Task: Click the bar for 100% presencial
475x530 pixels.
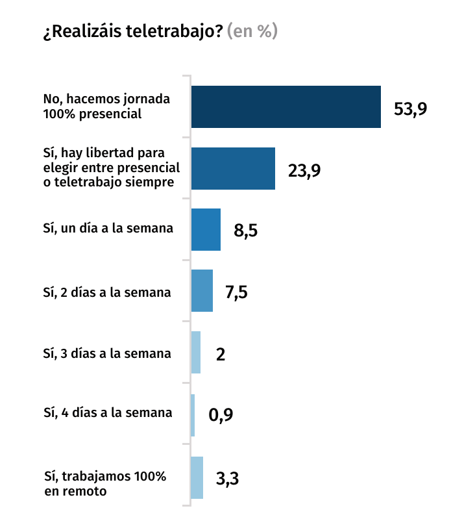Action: click(x=286, y=107)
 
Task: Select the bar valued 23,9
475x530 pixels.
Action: click(x=233, y=168)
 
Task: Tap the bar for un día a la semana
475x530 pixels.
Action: click(x=206, y=229)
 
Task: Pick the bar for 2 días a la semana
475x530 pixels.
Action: click(x=202, y=291)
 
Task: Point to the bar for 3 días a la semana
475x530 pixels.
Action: click(x=196, y=353)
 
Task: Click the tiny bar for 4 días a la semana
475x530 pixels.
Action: click(x=193, y=414)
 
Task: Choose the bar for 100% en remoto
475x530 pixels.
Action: click(x=197, y=477)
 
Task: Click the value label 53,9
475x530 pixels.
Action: click(x=410, y=108)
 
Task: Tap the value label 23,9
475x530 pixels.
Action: click(x=304, y=170)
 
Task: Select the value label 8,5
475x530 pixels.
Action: click(x=246, y=231)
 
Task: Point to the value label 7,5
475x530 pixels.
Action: click(x=236, y=293)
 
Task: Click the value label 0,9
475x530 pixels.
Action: click(x=221, y=416)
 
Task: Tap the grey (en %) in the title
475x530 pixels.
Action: click(x=252, y=31)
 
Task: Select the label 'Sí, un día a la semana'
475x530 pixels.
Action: click(x=108, y=229)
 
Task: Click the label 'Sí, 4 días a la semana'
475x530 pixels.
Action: click(x=108, y=412)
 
